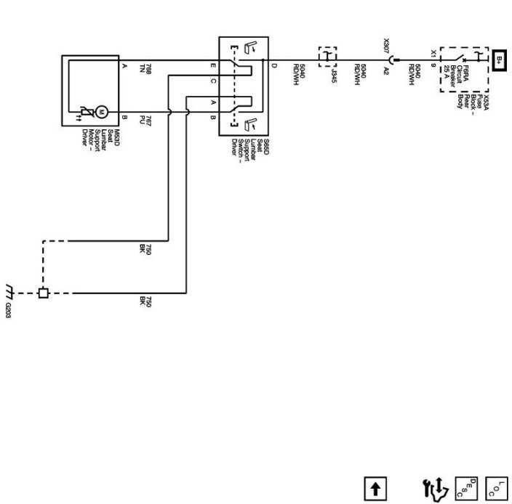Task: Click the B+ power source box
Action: pyautogui.click(x=500, y=59)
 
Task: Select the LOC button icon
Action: pyautogui.click(x=497, y=487)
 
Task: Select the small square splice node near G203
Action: pyautogui.click(x=44, y=293)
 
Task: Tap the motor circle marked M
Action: pyautogui.click(x=102, y=111)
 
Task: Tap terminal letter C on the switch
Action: pyautogui.click(x=213, y=81)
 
